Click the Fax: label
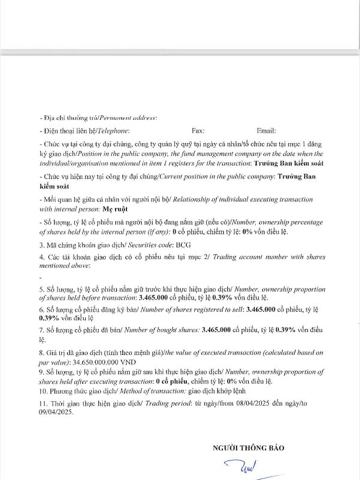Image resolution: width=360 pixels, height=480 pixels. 198,130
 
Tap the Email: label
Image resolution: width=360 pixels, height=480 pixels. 266,130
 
